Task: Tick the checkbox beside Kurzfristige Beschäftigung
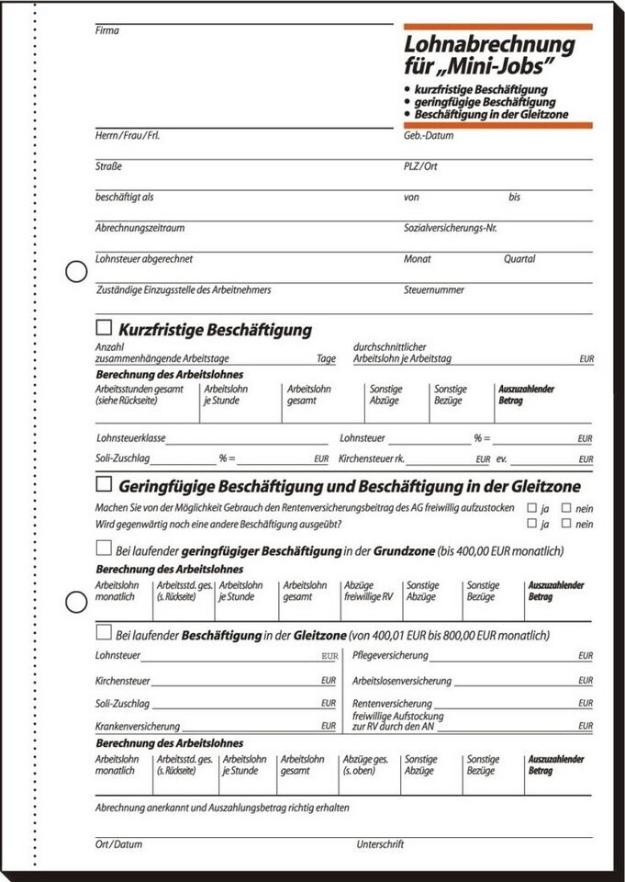tap(104, 327)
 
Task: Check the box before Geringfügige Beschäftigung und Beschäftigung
tap(104, 483)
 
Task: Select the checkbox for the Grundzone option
tap(104, 548)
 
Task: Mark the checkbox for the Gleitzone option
tap(104, 633)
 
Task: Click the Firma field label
tap(107, 30)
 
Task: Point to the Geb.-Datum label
tap(428, 136)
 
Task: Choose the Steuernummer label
tap(433, 289)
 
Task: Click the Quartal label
tap(519, 259)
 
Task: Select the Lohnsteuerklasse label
tap(130, 439)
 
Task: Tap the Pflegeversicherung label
tap(390, 656)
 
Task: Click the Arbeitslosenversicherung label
tap(402, 681)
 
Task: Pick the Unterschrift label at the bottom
tap(380, 843)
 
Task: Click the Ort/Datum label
tap(118, 843)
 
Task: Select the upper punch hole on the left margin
tap(76, 271)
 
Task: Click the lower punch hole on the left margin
tap(76, 603)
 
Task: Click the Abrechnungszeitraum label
tap(140, 227)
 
